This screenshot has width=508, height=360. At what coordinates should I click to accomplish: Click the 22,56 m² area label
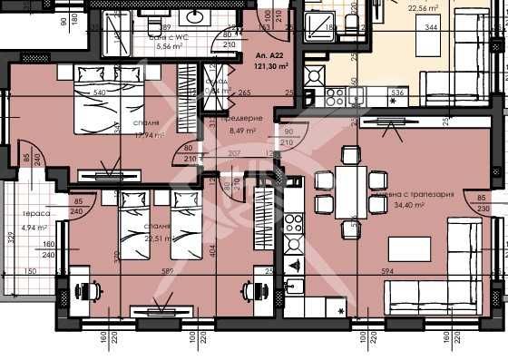[x=423, y=9]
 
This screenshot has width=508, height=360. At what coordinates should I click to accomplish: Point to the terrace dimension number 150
[x=30, y=270]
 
